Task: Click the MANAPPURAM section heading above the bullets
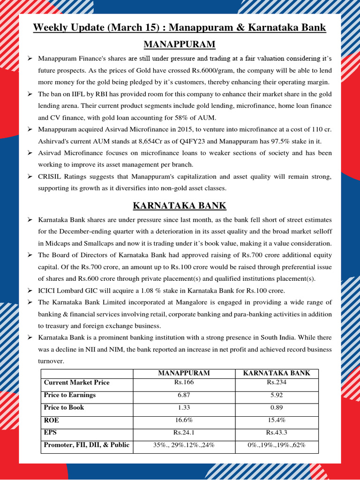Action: pos(180,45)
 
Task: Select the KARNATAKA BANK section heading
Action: pos(180,205)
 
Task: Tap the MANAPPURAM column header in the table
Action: pos(184,373)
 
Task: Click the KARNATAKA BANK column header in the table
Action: pos(276,373)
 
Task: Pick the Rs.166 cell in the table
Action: pos(184,382)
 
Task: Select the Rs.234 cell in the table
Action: pos(276,382)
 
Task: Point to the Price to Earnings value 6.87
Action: pos(184,395)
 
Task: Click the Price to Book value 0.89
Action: pos(276,408)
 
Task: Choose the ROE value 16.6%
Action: pos(184,420)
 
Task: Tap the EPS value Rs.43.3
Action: pos(276,433)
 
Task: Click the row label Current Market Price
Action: pos(76,382)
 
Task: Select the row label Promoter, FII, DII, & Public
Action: pos(86,445)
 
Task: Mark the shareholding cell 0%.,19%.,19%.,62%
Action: pos(276,445)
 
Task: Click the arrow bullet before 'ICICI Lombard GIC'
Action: pos(30,291)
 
